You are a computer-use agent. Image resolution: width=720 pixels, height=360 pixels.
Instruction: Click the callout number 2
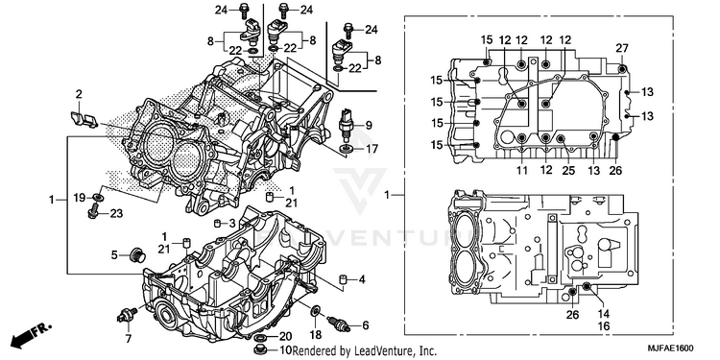[x=79, y=95]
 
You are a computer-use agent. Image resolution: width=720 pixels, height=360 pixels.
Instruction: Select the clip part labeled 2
[x=84, y=119]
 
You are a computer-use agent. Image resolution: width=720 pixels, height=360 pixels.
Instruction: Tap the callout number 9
[x=369, y=125]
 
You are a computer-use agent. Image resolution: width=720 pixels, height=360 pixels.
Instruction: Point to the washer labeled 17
[x=347, y=148]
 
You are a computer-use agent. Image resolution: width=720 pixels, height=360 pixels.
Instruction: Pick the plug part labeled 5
[x=137, y=254]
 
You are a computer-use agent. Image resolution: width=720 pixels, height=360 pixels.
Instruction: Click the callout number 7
[x=128, y=339]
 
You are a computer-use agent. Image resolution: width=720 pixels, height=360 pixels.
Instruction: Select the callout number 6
[x=366, y=325]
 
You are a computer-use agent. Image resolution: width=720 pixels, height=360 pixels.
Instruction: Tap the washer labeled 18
[x=317, y=311]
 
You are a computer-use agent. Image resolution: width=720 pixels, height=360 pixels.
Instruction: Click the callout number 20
[x=286, y=338]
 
